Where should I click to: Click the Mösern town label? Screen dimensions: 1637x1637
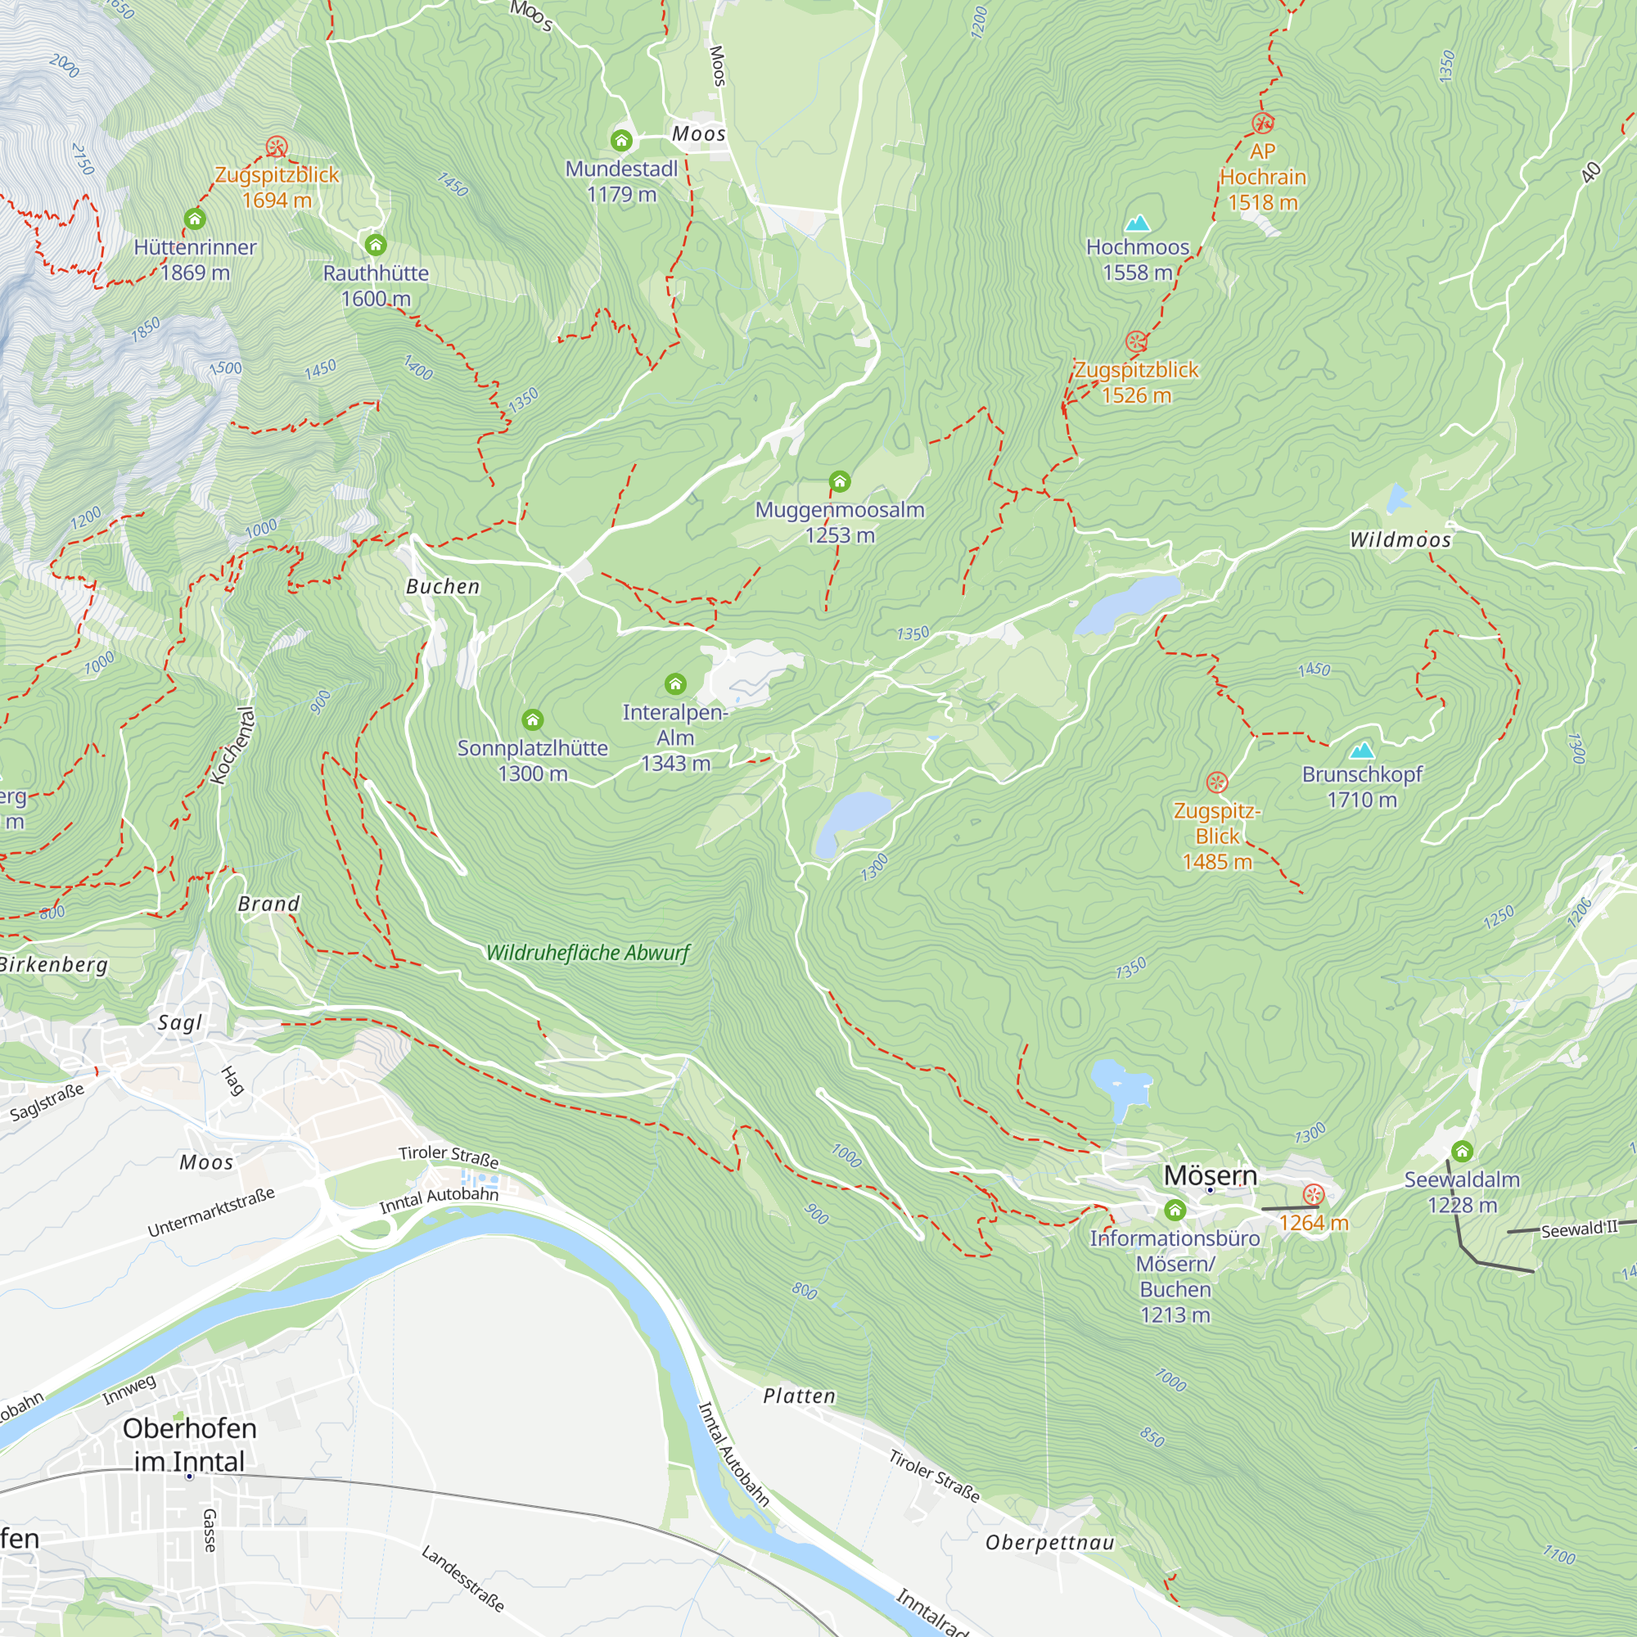pos(1210,1175)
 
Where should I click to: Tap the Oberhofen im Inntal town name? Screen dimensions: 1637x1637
pos(189,1445)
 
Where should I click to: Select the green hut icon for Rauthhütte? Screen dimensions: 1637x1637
pos(376,246)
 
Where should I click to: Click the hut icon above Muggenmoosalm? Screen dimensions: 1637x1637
pos(839,482)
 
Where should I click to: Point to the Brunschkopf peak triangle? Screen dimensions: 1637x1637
pos(1362,750)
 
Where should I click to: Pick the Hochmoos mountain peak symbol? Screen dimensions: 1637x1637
pos(1137,223)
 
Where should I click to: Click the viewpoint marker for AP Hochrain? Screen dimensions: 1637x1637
pos(1262,124)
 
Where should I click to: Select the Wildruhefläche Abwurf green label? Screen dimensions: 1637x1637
pos(588,954)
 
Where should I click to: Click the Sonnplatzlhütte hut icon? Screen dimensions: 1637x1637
pos(532,720)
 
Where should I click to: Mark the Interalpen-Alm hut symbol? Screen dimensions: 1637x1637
pos(674,683)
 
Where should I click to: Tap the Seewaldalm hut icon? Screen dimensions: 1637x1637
pos(1462,1152)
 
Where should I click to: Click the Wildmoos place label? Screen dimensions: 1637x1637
pos(1400,539)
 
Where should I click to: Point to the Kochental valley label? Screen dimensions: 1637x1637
pos(232,746)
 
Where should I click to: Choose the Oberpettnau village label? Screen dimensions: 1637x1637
pos(1049,1542)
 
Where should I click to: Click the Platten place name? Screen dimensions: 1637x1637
pos(799,1396)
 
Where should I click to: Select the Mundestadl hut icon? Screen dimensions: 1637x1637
pos(621,141)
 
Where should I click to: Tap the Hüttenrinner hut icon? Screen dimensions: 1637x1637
pos(195,219)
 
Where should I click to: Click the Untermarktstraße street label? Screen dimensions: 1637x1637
pos(211,1212)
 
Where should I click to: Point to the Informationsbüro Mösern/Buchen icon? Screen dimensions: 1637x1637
pos(1175,1210)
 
